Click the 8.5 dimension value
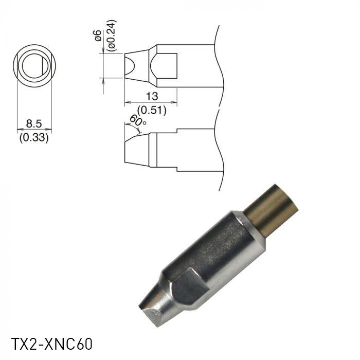[x=34, y=124]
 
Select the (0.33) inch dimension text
[x=34, y=137]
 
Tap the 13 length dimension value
[x=151, y=96]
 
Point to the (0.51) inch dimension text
[x=151, y=109]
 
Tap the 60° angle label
[x=138, y=121]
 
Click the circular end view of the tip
[x=34, y=66]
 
